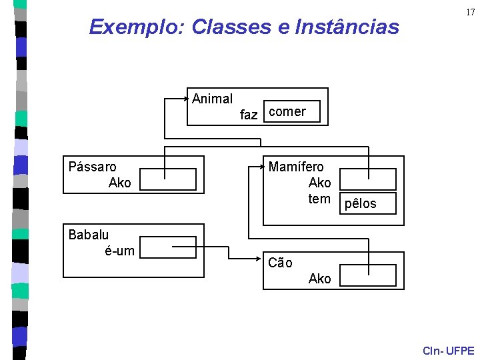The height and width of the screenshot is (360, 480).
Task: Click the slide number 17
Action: (x=471, y=13)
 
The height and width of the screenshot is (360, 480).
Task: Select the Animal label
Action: (x=212, y=99)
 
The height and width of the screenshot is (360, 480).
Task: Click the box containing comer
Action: (x=292, y=112)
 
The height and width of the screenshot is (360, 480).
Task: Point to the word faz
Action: (x=248, y=115)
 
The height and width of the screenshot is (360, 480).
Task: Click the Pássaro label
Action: (x=92, y=167)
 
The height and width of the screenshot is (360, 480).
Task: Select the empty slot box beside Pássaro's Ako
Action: (x=169, y=179)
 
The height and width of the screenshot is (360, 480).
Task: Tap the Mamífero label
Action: (x=296, y=167)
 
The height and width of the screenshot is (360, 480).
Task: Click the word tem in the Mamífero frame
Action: (x=319, y=199)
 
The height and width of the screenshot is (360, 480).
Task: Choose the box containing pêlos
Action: (x=367, y=203)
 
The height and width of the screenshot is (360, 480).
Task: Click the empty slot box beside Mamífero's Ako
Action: (x=367, y=179)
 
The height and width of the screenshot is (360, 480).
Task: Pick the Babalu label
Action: (x=88, y=234)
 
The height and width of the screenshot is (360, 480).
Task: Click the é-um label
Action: (x=119, y=251)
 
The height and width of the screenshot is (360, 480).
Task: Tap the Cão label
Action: (x=280, y=263)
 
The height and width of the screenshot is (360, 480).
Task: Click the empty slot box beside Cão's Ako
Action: (x=367, y=275)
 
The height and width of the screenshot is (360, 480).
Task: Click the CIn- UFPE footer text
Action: (x=449, y=351)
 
